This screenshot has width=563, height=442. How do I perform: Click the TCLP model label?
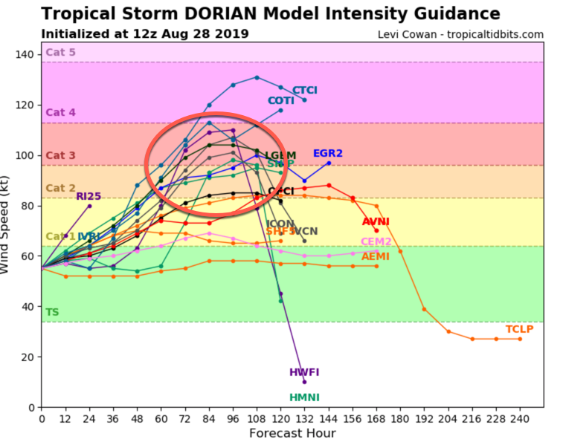coord(519,329)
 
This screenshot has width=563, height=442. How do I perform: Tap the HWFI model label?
coord(303,372)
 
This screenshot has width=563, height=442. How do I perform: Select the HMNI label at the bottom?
coord(304,397)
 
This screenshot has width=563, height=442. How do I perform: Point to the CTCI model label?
coord(304,91)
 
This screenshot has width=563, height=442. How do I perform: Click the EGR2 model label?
coord(327,154)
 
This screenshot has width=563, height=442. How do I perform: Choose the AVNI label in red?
coord(376,222)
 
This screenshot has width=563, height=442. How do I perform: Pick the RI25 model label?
coord(89,197)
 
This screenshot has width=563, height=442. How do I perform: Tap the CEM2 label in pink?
coord(376,242)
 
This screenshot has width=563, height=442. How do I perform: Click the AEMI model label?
coord(376,257)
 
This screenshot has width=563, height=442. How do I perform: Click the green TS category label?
coord(52,313)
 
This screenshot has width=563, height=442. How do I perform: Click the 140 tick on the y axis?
coord(25,54)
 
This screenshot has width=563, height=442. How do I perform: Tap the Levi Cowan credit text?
coord(460,34)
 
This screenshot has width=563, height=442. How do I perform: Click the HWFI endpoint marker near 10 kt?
coord(304,382)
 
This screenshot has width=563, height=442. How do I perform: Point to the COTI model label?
coord(281,101)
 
